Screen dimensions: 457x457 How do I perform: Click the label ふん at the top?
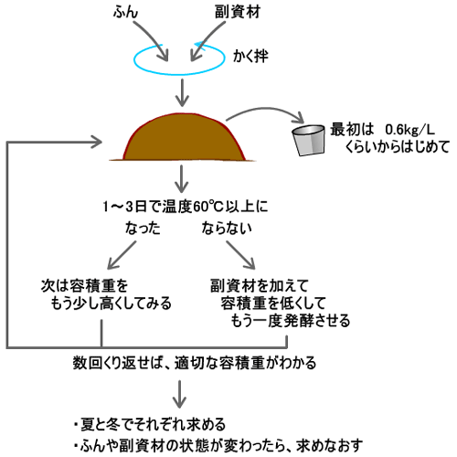pyautogui.click(x=125, y=13)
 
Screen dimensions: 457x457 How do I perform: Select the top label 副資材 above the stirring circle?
pyautogui.click(x=238, y=13)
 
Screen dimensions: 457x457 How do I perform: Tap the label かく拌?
pyautogui.click(x=250, y=57)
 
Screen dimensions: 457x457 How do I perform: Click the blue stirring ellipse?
pyautogui.click(x=179, y=74)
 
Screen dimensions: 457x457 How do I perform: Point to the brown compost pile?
pyautogui.click(x=183, y=137)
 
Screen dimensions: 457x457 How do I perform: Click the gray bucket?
pyautogui.click(x=308, y=140)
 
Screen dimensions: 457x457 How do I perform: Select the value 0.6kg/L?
pyautogui.click(x=410, y=130)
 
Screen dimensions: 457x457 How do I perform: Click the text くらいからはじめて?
pyautogui.click(x=398, y=146)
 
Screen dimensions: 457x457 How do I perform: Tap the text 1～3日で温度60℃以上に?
pyautogui.click(x=186, y=207)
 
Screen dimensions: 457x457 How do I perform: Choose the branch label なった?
pyautogui.click(x=143, y=228)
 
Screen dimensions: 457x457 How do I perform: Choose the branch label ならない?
pyautogui.click(x=227, y=228)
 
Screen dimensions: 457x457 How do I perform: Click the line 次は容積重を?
pyautogui.click(x=84, y=285)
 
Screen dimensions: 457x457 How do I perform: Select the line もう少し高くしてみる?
pyautogui.click(x=112, y=303)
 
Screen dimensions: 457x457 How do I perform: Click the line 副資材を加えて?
pyautogui.click(x=260, y=285)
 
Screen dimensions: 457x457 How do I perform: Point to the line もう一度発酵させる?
pyautogui.click(x=291, y=321)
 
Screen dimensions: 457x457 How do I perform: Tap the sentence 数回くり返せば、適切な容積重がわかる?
pyautogui.click(x=195, y=363)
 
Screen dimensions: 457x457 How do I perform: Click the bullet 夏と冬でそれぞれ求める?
pyautogui.click(x=150, y=424)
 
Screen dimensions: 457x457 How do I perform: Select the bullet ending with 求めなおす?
pyautogui.click(x=218, y=445)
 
